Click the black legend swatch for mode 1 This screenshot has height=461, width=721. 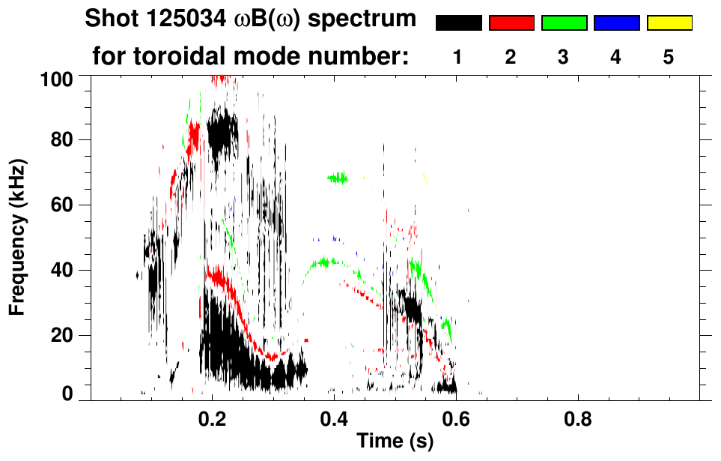pyautogui.click(x=458, y=23)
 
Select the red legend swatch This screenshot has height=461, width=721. pyautogui.click(x=511, y=23)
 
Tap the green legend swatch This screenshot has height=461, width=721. pyautogui.click(x=564, y=23)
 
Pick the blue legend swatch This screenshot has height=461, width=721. pyautogui.click(x=616, y=23)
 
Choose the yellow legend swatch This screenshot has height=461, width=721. pyautogui.click(x=669, y=23)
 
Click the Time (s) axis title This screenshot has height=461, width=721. pyautogui.click(x=394, y=442)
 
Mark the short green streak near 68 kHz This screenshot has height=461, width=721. pyautogui.click(x=338, y=178)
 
